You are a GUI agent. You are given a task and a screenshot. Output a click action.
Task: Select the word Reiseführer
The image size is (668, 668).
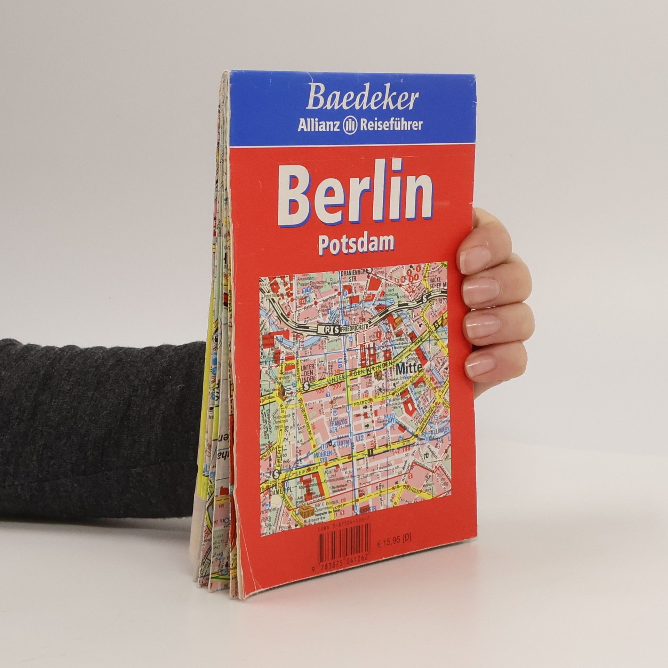pyautogui.click(x=391, y=125)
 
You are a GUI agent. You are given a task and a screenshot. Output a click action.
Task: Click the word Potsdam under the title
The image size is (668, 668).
pyautogui.click(x=356, y=244)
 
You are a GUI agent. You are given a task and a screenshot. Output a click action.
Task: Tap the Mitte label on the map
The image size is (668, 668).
pyautogui.click(x=409, y=368)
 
